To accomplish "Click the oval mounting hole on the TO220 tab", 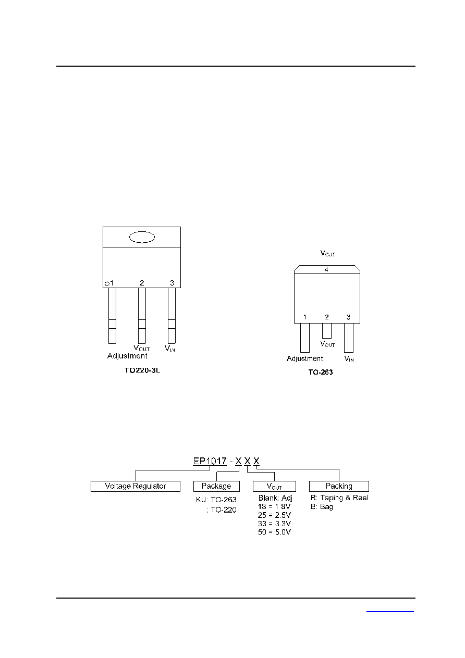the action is [x=142, y=237].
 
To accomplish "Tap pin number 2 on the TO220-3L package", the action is [x=142, y=283].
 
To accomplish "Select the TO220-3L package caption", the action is [x=142, y=370].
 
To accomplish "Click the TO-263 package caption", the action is [x=321, y=372].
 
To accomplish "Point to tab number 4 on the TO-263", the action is [x=326, y=269].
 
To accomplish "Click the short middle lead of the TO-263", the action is [x=327, y=331].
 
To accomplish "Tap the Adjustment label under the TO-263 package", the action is [x=305, y=358].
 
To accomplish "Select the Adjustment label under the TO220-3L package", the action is [x=127, y=356].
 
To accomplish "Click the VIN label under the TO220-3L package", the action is [x=170, y=349].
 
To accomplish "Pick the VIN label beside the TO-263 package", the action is [x=349, y=358].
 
